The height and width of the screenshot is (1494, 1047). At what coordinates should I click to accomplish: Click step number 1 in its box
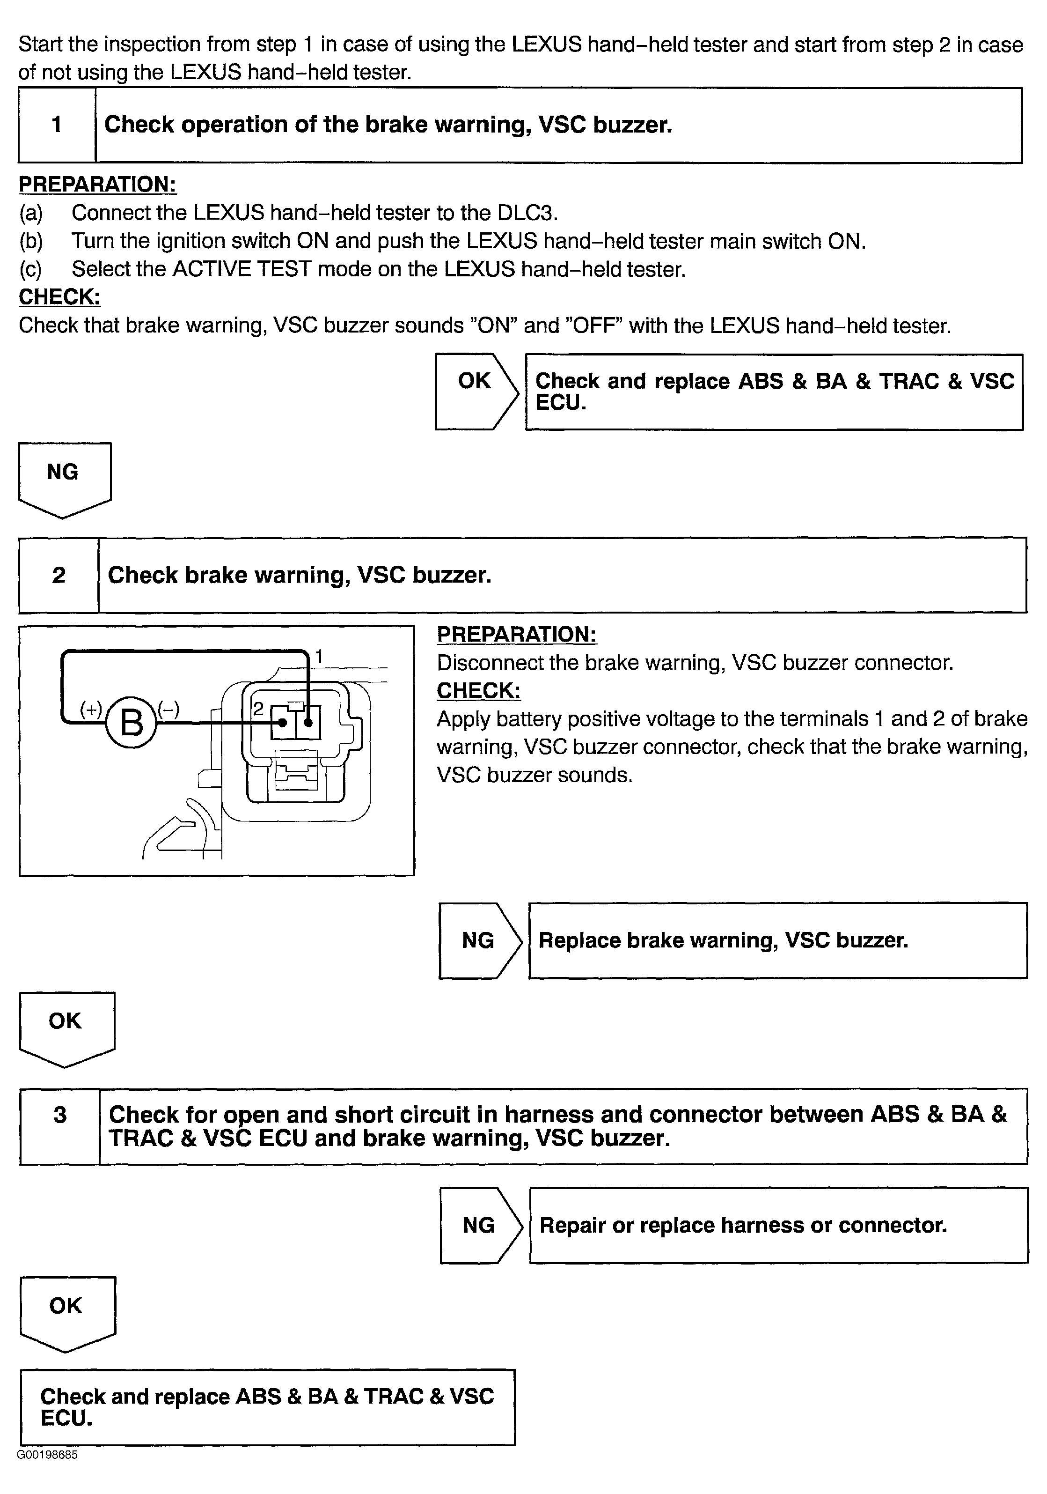point(57,124)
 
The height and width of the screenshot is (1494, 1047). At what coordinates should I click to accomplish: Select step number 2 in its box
point(59,575)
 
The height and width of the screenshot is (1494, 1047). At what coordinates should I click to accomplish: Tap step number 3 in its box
point(60,1115)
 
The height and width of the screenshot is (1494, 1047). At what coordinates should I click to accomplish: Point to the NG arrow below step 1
point(64,478)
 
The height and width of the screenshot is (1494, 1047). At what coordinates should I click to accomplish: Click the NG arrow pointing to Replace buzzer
point(479,940)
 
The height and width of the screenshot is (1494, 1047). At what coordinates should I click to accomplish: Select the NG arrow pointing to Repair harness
point(480,1225)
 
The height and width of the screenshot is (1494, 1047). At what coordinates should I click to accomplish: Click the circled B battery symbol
point(132,722)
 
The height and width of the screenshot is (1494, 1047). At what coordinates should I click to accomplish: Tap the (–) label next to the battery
point(168,709)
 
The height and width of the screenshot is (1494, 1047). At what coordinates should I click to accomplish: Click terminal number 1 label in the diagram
point(319,657)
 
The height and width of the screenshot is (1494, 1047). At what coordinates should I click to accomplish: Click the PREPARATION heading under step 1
point(97,184)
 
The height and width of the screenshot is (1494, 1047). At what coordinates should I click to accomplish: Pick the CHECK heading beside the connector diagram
point(478,690)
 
